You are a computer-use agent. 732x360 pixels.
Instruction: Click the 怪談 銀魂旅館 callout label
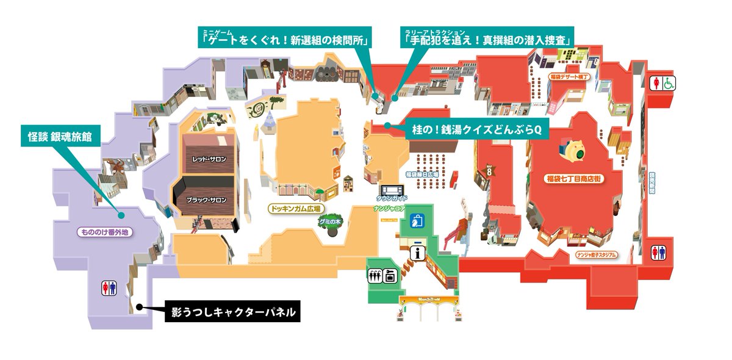click(x=60, y=136)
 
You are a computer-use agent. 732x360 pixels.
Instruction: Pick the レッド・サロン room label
click(x=209, y=159)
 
